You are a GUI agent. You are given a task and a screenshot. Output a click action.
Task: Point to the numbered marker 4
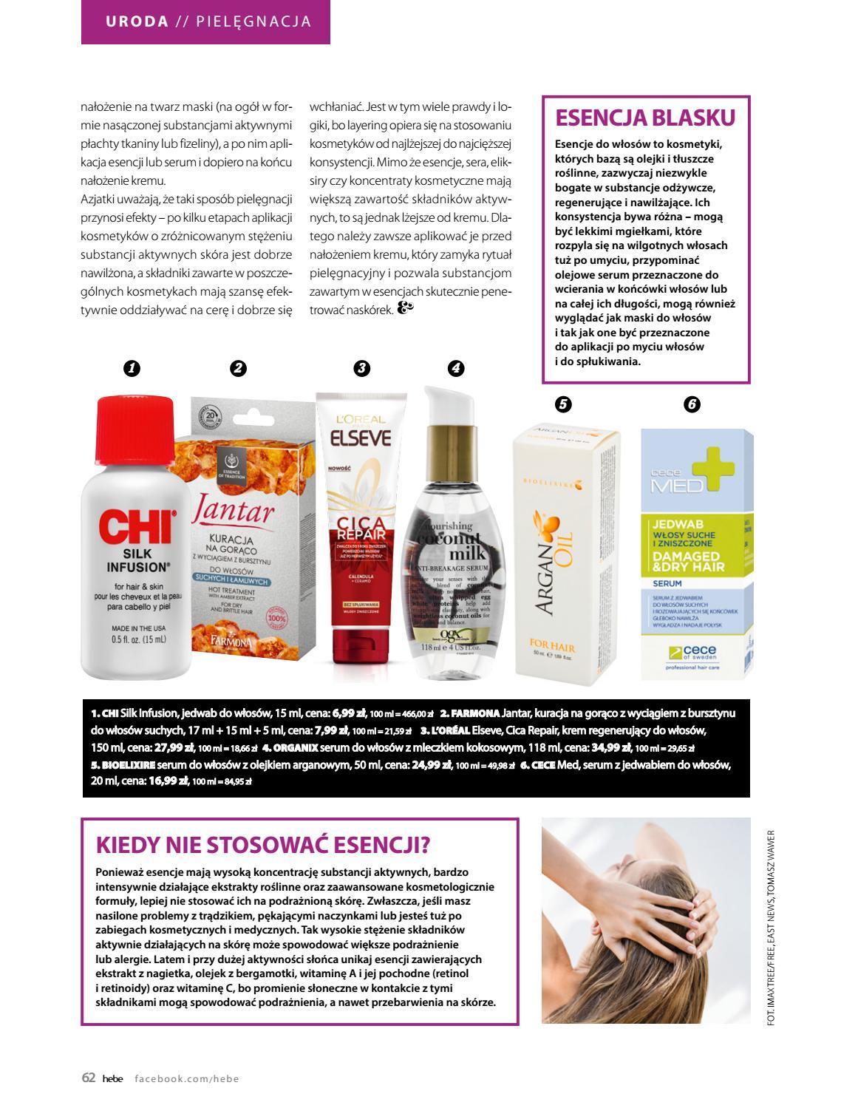click(455, 368)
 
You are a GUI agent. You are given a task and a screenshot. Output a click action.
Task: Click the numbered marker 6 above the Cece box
click(692, 404)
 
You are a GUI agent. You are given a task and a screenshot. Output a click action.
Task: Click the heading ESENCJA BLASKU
click(645, 118)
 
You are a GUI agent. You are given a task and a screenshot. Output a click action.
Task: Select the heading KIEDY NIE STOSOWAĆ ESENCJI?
click(263, 844)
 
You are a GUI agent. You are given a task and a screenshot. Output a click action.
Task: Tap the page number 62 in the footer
click(88, 1078)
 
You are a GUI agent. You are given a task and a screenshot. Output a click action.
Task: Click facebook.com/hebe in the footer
click(187, 1078)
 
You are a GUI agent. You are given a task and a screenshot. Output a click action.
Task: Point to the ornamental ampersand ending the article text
click(406, 309)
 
